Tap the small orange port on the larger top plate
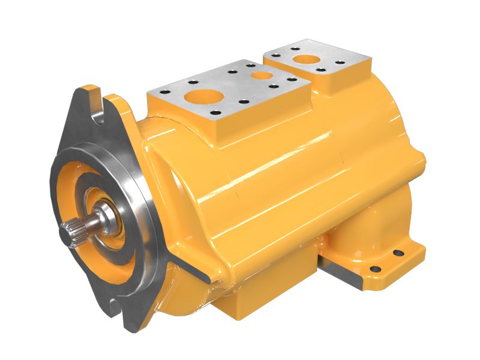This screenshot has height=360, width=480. pyautogui.click(x=260, y=76)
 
